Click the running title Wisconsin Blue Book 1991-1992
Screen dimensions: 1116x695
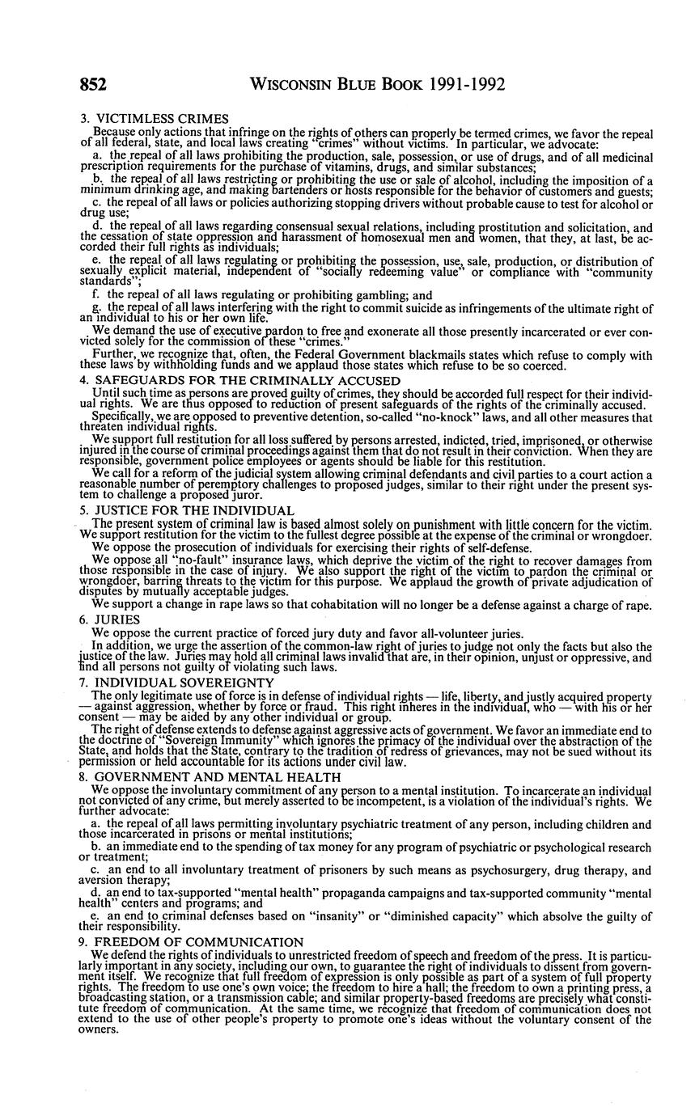pos(379,85)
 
